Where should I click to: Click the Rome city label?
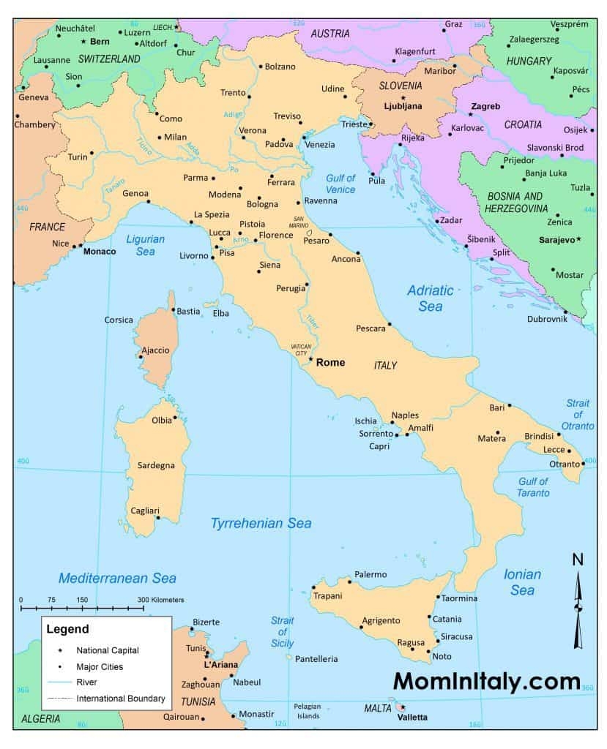(x=330, y=362)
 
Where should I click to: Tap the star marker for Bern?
(x=83, y=42)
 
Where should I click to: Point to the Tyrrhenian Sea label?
(x=261, y=523)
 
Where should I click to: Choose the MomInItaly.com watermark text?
(x=487, y=681)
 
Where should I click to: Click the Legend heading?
(x=67, y=628)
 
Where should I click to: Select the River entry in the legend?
(x=87, y=682)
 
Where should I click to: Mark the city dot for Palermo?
(x=350, y=582)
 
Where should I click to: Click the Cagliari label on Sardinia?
(x=144, y=511)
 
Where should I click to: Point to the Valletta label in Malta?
(x=412, y=718)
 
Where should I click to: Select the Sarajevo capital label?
(x=556, y=239)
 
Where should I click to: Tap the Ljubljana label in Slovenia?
(x=403, y=106)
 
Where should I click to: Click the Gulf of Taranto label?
(x=534, y=487)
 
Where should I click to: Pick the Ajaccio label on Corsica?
(x=155, y=350)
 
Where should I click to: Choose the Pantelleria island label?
(x=316, y=659)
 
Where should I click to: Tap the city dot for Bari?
(x=510, y=405)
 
